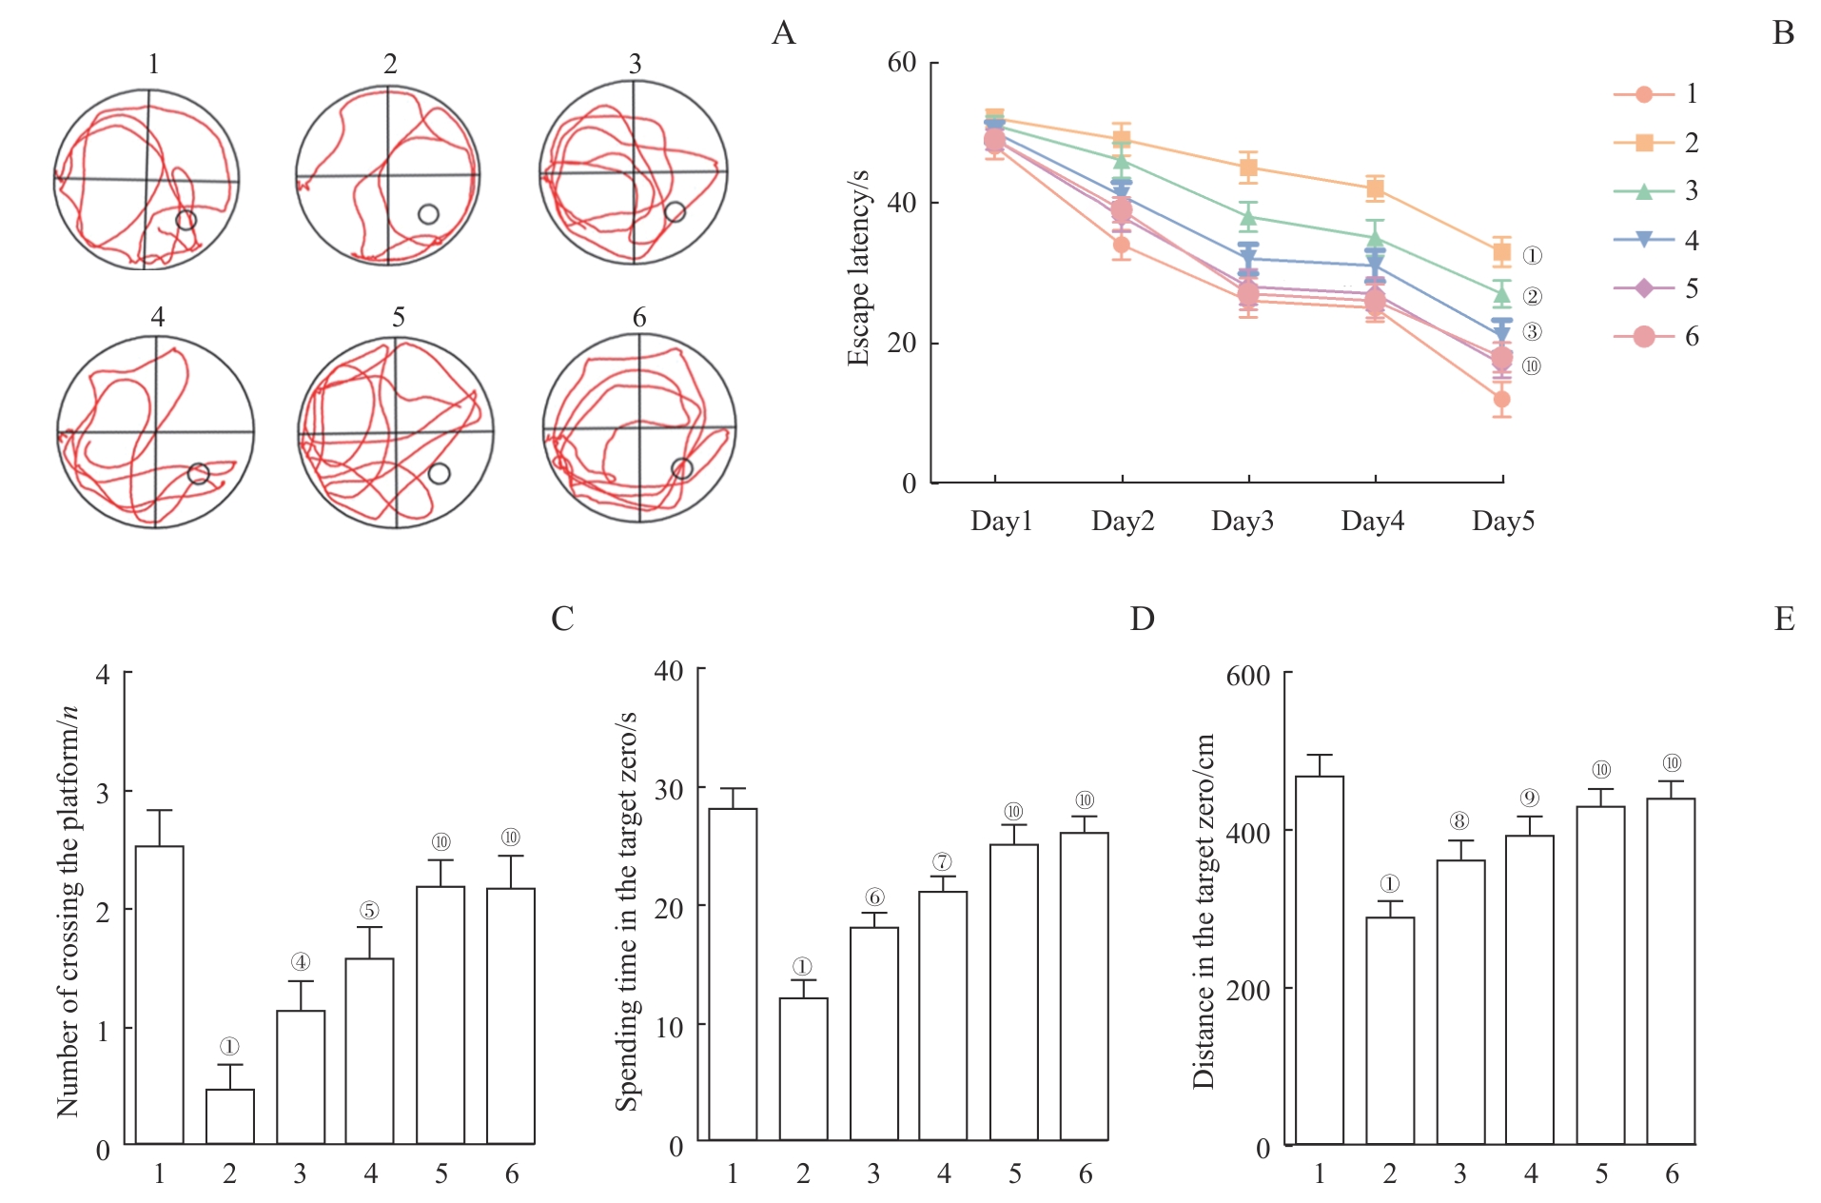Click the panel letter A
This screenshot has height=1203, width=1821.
tap(783, 33)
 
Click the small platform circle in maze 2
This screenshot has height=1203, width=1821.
tap(428, 214)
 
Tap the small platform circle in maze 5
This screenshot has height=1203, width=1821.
tap(439, 473)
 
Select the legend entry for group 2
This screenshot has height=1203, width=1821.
tap(1655, 143)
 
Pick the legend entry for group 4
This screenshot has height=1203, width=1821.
tap(1655, 240)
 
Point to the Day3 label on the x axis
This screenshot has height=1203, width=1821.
tap(1242, 522)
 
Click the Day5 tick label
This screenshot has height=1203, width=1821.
tap(1502, 522)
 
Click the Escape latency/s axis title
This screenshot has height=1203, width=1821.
tap(858, 268)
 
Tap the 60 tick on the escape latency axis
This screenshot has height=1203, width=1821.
tap(901, 63)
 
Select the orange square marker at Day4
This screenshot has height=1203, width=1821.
tap(1375, 188)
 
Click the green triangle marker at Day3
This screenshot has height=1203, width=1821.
tap(1248, 218)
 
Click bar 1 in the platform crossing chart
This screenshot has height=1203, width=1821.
tap(160, 995)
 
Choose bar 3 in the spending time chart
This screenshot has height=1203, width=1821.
tap(873, 1034)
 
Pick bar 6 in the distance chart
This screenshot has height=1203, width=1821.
tap(1671, 971)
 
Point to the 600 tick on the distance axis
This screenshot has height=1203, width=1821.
tap(1247, 676)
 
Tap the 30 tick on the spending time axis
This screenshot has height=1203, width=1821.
tap(669, 789)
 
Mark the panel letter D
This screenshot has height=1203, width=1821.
tap(1142, 620)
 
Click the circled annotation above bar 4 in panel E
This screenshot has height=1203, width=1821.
tap(1529, 799)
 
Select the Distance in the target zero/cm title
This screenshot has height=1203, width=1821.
tap(1204, 911)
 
